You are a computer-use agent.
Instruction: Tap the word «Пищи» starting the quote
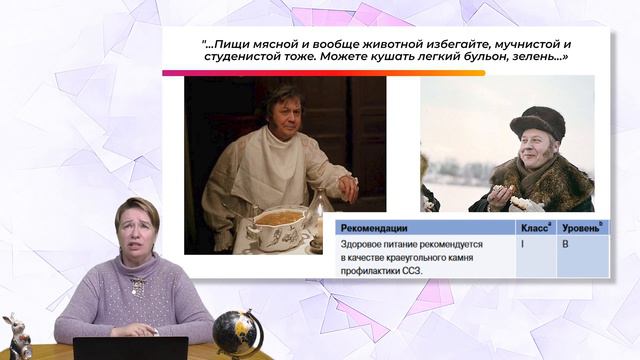click(x=232, y=44)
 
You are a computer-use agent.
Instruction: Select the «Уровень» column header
click(x=582, y=227)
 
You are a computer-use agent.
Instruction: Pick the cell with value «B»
click(x=567, y=244)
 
